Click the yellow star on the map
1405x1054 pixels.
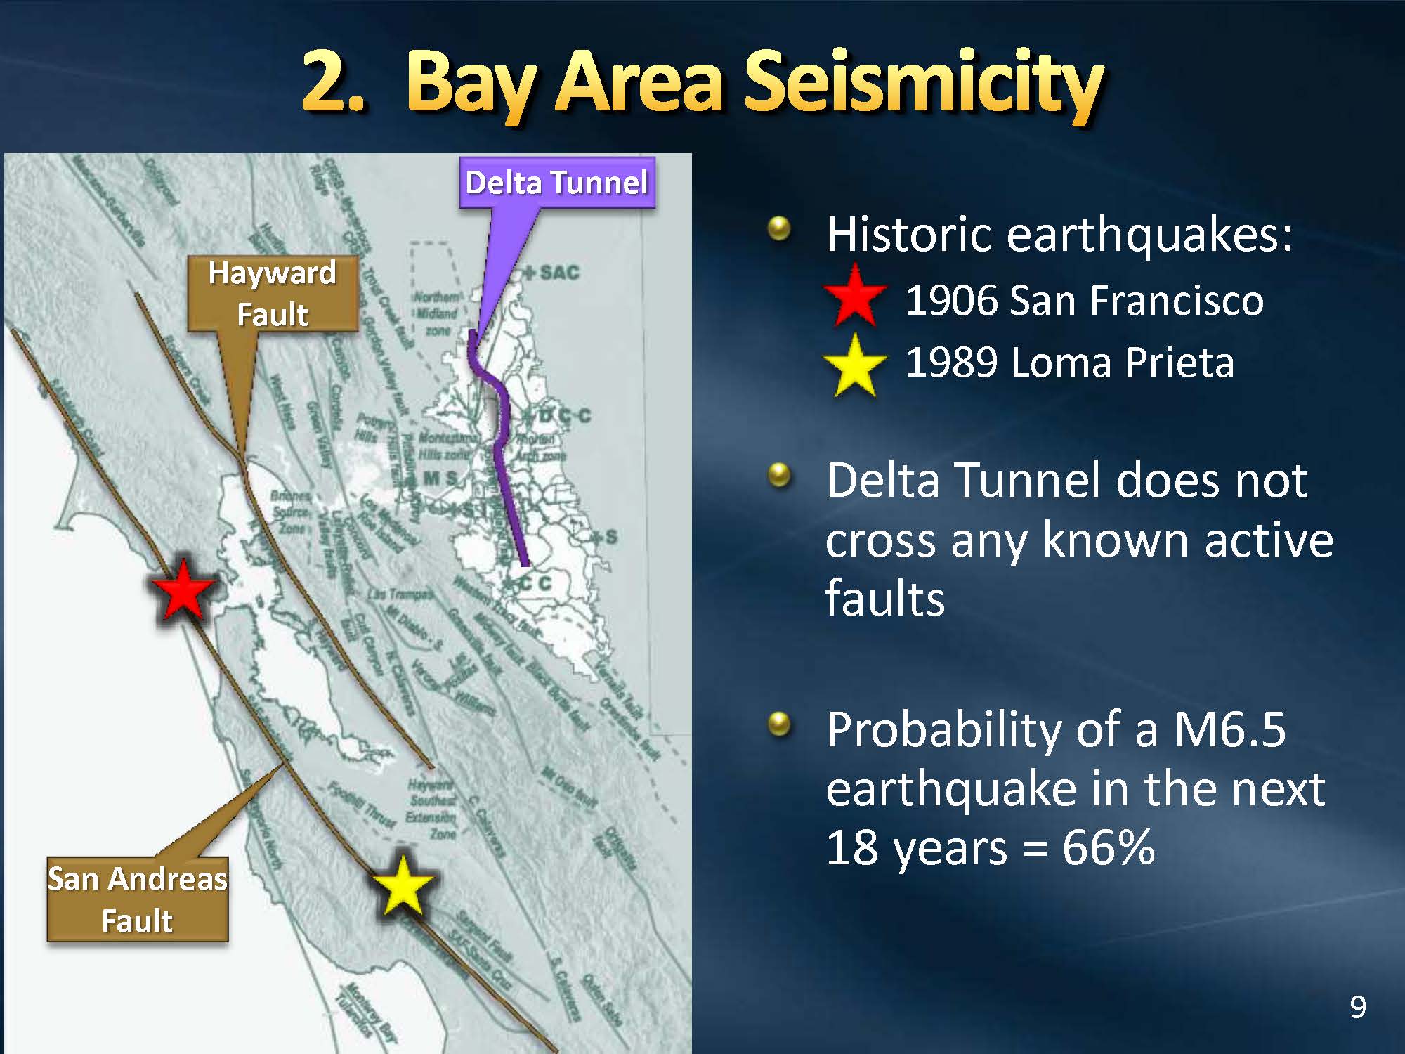[402, 887]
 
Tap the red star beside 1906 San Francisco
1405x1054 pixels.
[854, 297]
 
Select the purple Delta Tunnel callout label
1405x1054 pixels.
[556, 183]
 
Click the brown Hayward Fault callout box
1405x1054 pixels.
[273, 294]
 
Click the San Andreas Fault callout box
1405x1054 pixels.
[138, 899]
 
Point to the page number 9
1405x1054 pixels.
[1358, 1008]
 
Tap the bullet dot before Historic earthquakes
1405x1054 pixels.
[779, 228]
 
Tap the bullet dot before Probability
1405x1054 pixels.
[779, 723]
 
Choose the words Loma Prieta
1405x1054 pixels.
[1122, 363]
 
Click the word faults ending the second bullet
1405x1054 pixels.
[884, 599]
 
